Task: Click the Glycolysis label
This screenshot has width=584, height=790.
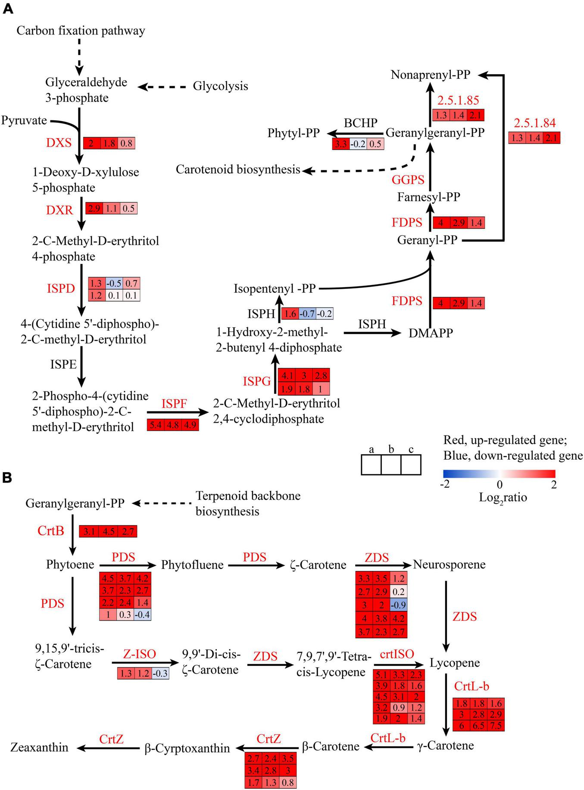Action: [220, 86]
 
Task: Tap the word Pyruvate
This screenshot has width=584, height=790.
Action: [24, 120]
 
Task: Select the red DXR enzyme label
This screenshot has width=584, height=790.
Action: [59, 210]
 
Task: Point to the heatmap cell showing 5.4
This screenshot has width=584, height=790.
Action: [155, 425]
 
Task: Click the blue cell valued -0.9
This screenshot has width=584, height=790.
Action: [399, 603]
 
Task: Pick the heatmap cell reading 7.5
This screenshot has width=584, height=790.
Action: [496, 725]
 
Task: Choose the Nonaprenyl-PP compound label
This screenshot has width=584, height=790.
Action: [430, 75]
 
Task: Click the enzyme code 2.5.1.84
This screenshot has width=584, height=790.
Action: [534, 123]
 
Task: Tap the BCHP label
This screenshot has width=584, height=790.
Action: [360, 123]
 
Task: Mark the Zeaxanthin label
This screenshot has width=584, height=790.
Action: [40, 747]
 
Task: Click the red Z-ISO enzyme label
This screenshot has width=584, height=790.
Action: [140, 654]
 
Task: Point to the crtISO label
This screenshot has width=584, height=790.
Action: [397, 654]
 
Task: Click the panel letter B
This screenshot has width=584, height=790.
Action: [7, 478]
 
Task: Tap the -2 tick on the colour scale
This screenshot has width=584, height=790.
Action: [445, 485]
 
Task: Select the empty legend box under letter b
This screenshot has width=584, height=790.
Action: [391, 465]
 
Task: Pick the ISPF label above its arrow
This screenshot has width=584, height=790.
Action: [174, 404]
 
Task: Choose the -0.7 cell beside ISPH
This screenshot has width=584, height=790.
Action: [308, 313]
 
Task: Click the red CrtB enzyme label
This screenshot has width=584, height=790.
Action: [51, 531]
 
